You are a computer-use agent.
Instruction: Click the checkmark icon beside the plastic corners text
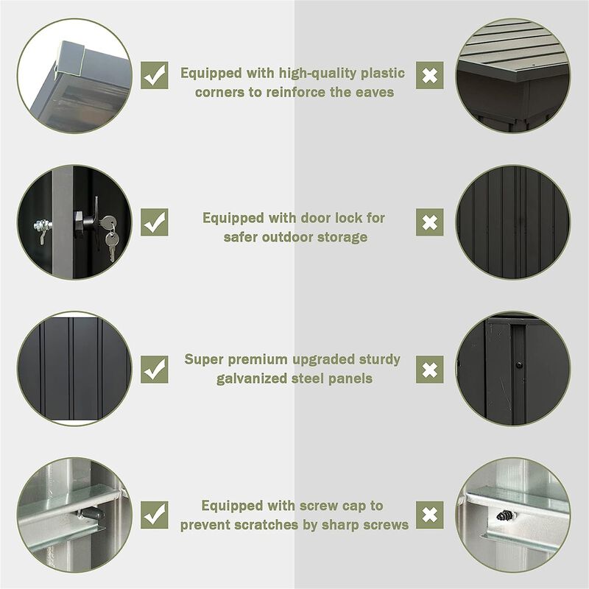coord(155,76)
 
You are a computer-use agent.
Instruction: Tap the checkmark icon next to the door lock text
coord(155,222)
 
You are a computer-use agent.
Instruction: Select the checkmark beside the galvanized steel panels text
coord(155,370)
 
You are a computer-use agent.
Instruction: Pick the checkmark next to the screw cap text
coord(155,515)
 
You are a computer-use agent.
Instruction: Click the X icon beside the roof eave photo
coord(430,76)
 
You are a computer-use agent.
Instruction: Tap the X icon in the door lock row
coord(430,222)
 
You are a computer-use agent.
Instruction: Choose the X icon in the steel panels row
coord(430,370)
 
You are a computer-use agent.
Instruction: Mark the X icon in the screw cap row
coord(430,515)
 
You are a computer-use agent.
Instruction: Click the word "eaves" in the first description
coord(375,93)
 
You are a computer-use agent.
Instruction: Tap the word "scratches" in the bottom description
coord(266,525)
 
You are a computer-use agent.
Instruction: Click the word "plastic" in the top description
coord(383,73)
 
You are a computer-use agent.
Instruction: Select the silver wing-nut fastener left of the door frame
coord(43,229)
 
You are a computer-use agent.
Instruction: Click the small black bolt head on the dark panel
coord(519,364)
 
